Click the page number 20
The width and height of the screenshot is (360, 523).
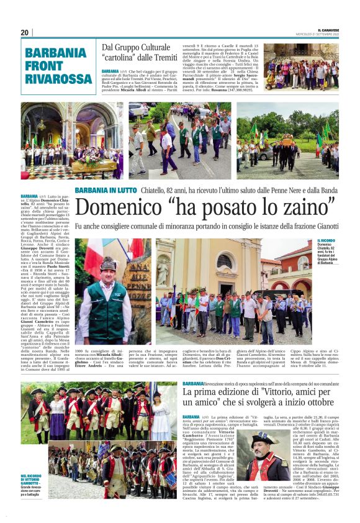pos(24,32)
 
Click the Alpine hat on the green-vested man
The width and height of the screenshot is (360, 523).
pos(107,263)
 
